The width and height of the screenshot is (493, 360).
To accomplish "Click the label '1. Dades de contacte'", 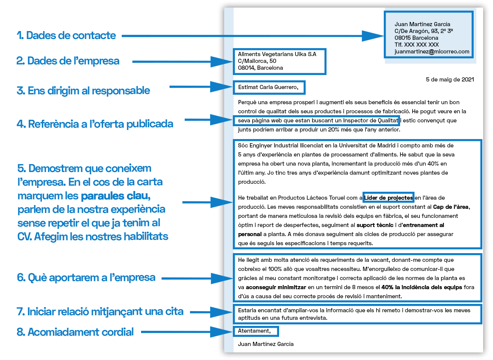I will click(x=66, y=36).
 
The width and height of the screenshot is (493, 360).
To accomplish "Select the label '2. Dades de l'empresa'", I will click(x=68, y=61).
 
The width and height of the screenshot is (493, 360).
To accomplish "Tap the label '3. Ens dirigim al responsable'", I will click(x=83, y=91).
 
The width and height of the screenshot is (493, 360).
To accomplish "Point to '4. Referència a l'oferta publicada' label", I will click(x=95, y=124).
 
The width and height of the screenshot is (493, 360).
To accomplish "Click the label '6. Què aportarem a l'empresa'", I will click(x=86, y=277).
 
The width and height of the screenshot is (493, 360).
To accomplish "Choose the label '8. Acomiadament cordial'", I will click(x=75, y=332).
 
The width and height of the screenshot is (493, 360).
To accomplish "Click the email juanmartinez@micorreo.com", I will click(x=432, y=52).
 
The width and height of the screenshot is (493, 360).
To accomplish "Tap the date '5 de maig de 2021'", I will click(x=450, y=80).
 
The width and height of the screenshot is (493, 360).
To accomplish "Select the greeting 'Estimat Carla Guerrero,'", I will click(x=268, y=87).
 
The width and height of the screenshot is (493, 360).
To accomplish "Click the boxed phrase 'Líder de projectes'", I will click(x=388, y=198).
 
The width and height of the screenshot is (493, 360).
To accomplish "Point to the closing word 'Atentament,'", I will click(x=254, y=331).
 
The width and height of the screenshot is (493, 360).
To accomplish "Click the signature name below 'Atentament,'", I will click(x=265, y=344).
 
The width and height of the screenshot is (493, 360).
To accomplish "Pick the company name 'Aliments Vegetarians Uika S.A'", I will click(x=277, y=54).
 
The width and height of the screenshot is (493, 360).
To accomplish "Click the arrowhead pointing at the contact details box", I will click(x=374, y=36).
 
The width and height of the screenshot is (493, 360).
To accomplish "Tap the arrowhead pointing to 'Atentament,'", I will click(x=222, y=332).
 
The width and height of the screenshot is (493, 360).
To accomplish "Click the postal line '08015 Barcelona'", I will click(x=416, y=38).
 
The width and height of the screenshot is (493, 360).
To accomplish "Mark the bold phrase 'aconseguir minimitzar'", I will click(x=276, y=287).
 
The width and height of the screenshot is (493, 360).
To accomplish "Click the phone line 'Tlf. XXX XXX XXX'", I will click(x=416, y=45).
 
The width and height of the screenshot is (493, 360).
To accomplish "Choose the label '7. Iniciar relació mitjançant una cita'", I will click(x=100, y=311).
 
